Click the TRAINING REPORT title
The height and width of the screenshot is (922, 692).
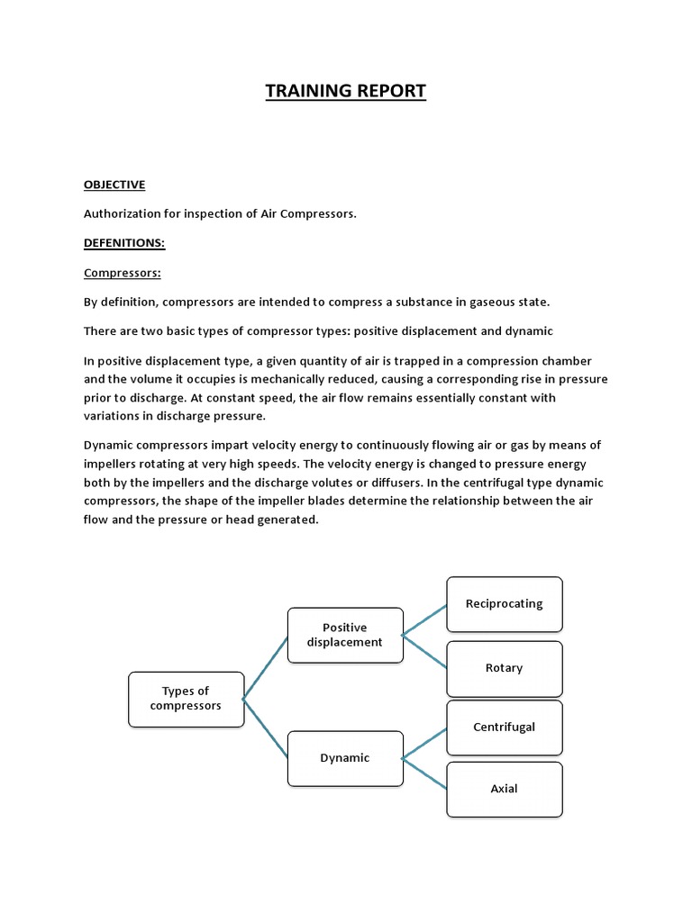(x=346, y=91)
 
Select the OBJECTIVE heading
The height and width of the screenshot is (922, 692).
(x=114, y=185)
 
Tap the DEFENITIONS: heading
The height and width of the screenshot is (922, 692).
(x=124, y=243)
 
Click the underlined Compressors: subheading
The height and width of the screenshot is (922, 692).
(x=121, y=272)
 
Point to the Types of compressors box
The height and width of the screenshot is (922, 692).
(x=186, y=699)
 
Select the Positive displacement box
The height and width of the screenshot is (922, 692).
(x=345, y=635)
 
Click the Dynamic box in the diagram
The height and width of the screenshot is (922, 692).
(x=345, y=758)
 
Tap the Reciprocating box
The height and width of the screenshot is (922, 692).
(x=504, y=604)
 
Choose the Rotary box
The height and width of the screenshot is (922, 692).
(x=504, y=668)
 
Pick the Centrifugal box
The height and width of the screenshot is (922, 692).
(x=504, y=728)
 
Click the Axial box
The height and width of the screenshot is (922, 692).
(x=504, y=789)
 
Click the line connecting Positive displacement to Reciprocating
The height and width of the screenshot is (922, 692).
(x=424, y=619)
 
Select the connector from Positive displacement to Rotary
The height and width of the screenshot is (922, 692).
(x=424, y=651)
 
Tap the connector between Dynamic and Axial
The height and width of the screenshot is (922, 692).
(x=424, y=773)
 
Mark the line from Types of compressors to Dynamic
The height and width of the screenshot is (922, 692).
(x=266, y=728)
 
